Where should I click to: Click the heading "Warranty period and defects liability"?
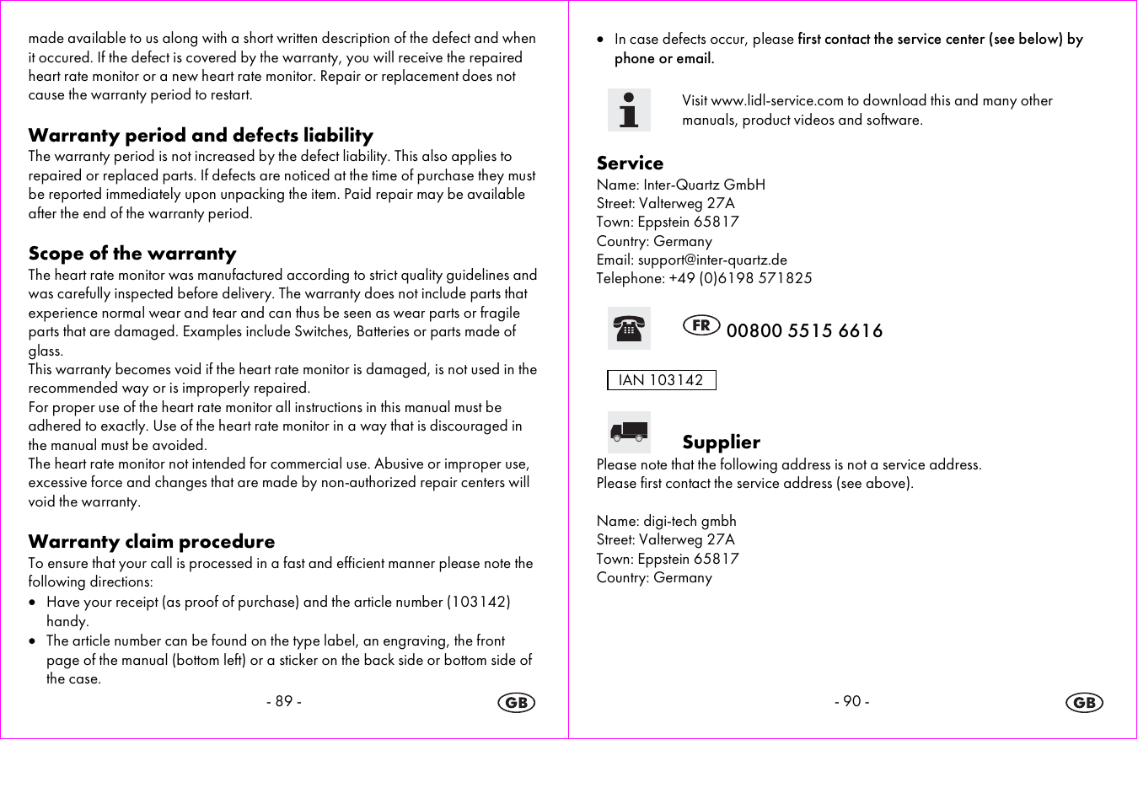point(201,136)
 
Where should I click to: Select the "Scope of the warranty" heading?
point(132,254)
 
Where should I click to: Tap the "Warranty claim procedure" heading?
point(152,542)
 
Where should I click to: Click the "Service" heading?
point(630,163)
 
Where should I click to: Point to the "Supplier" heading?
point(721,442)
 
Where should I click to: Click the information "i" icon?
point(629,110)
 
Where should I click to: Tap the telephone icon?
point(629,329)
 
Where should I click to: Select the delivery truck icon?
point(629,432)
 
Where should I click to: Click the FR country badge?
point(701,325)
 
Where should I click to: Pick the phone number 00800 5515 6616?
point(804,331)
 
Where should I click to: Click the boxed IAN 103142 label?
point(661,380)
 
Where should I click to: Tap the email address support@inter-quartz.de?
point(712,260)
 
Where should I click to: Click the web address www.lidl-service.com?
point(777,101)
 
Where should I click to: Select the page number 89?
point(284,702)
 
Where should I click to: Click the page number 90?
point(852,702)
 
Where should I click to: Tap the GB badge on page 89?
point(516,703)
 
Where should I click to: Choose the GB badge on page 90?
point(1084,703)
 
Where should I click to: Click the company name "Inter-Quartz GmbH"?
point(704,185)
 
